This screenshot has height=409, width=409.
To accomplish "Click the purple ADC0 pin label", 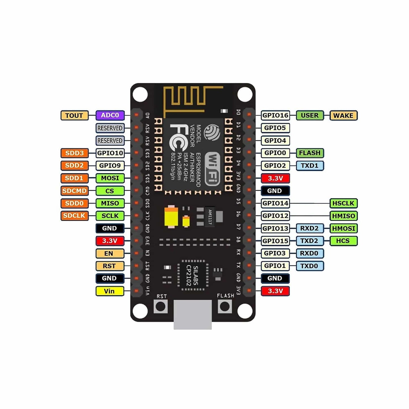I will [x=110, y=115].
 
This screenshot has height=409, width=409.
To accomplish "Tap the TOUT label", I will [x=74, y=115].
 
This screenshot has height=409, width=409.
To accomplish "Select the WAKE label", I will [x=343, y=115].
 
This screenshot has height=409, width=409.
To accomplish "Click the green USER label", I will [x=310, y=115].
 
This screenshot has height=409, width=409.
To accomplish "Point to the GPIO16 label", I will [x=275, y=115].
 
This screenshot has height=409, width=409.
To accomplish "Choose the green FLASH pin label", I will [x=310, y=153].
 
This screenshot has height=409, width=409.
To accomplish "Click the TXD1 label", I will [x=310, y=166].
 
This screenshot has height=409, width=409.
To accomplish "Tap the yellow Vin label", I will [x=110, y=291].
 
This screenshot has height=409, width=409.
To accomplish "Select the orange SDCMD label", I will [x=74, y=191].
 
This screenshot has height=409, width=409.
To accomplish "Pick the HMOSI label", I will [x=343, y=228].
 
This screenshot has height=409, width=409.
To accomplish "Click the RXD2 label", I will [x=309, y=228].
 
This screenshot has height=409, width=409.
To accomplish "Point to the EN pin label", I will [x=110, y=253].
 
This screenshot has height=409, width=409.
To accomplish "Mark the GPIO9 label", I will [x=110, y=166].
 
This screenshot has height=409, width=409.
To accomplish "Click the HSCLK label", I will [x=343, y=203].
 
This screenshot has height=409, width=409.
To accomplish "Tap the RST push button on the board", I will [x=160, y=307].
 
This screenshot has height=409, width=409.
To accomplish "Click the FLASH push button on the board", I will [x=225, y=307].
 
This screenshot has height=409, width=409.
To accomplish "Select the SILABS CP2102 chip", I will [x=192, y=275].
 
